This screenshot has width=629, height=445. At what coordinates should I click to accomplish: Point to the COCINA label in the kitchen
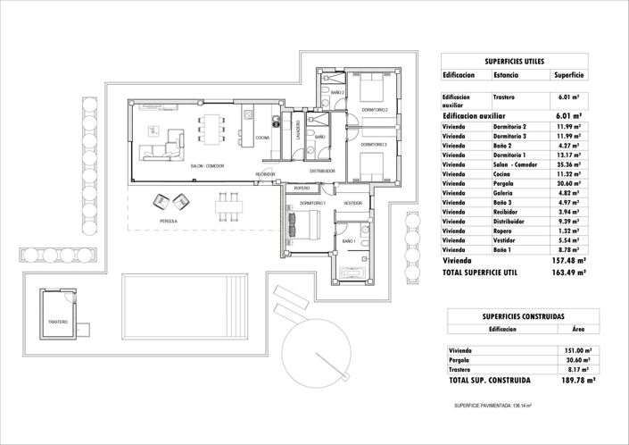(262, 139)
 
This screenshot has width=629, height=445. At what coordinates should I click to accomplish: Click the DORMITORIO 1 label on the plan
(312, 204)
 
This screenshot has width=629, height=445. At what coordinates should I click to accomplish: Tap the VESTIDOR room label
(352, 204)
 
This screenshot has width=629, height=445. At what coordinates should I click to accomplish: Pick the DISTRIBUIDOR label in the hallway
(322, 171)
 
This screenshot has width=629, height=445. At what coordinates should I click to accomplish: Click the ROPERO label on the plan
(302, 189)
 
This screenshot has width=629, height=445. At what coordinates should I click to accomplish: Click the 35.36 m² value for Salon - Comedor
(567, 165)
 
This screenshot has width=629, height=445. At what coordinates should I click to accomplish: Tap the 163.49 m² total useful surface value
(568, 272)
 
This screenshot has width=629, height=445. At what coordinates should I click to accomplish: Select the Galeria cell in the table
(505, 192)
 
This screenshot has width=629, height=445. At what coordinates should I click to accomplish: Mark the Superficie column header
(568, 76)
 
